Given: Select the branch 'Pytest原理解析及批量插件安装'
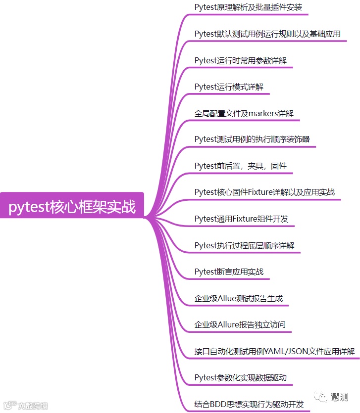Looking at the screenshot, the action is tap(248, 7).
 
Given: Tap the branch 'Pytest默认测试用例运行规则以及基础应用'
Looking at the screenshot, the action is tap(267, 34).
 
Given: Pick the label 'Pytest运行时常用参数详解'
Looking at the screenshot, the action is tap(240, 60).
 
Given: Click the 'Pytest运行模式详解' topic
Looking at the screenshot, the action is tap(229, 87).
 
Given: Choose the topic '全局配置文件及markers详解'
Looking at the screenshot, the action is tap(244, 113).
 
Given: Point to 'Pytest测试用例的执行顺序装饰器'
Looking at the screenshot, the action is tap(252, 139).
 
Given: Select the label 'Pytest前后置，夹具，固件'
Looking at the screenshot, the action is tap(241, 166).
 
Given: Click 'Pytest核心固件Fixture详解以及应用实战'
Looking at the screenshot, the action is tap(264, 192).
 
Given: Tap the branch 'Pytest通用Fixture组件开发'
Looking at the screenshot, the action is tap(241, 219).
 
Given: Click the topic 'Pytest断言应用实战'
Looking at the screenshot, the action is tap(229, 272).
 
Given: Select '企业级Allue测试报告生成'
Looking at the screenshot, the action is tap(238, 299).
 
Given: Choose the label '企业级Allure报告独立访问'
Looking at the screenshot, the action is tap(240, 325).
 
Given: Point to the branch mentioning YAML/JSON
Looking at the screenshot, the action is tap(275, 352).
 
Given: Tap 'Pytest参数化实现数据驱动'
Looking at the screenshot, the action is tap(240, 378).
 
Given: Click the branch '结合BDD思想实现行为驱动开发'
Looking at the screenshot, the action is tap(249, 404).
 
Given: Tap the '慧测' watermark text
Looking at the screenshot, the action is tap(340, 397).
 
